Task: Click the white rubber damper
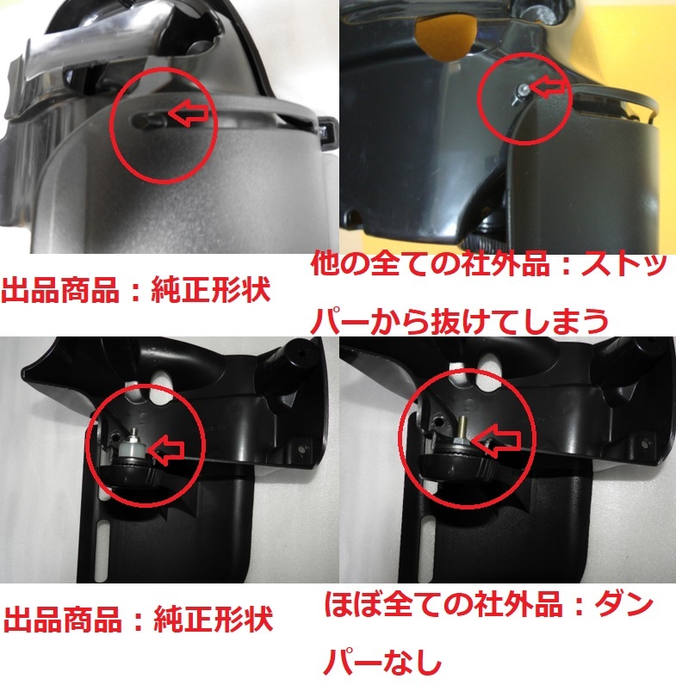click(x=130, y=447)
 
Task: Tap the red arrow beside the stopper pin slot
click(x=190, y=112)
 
